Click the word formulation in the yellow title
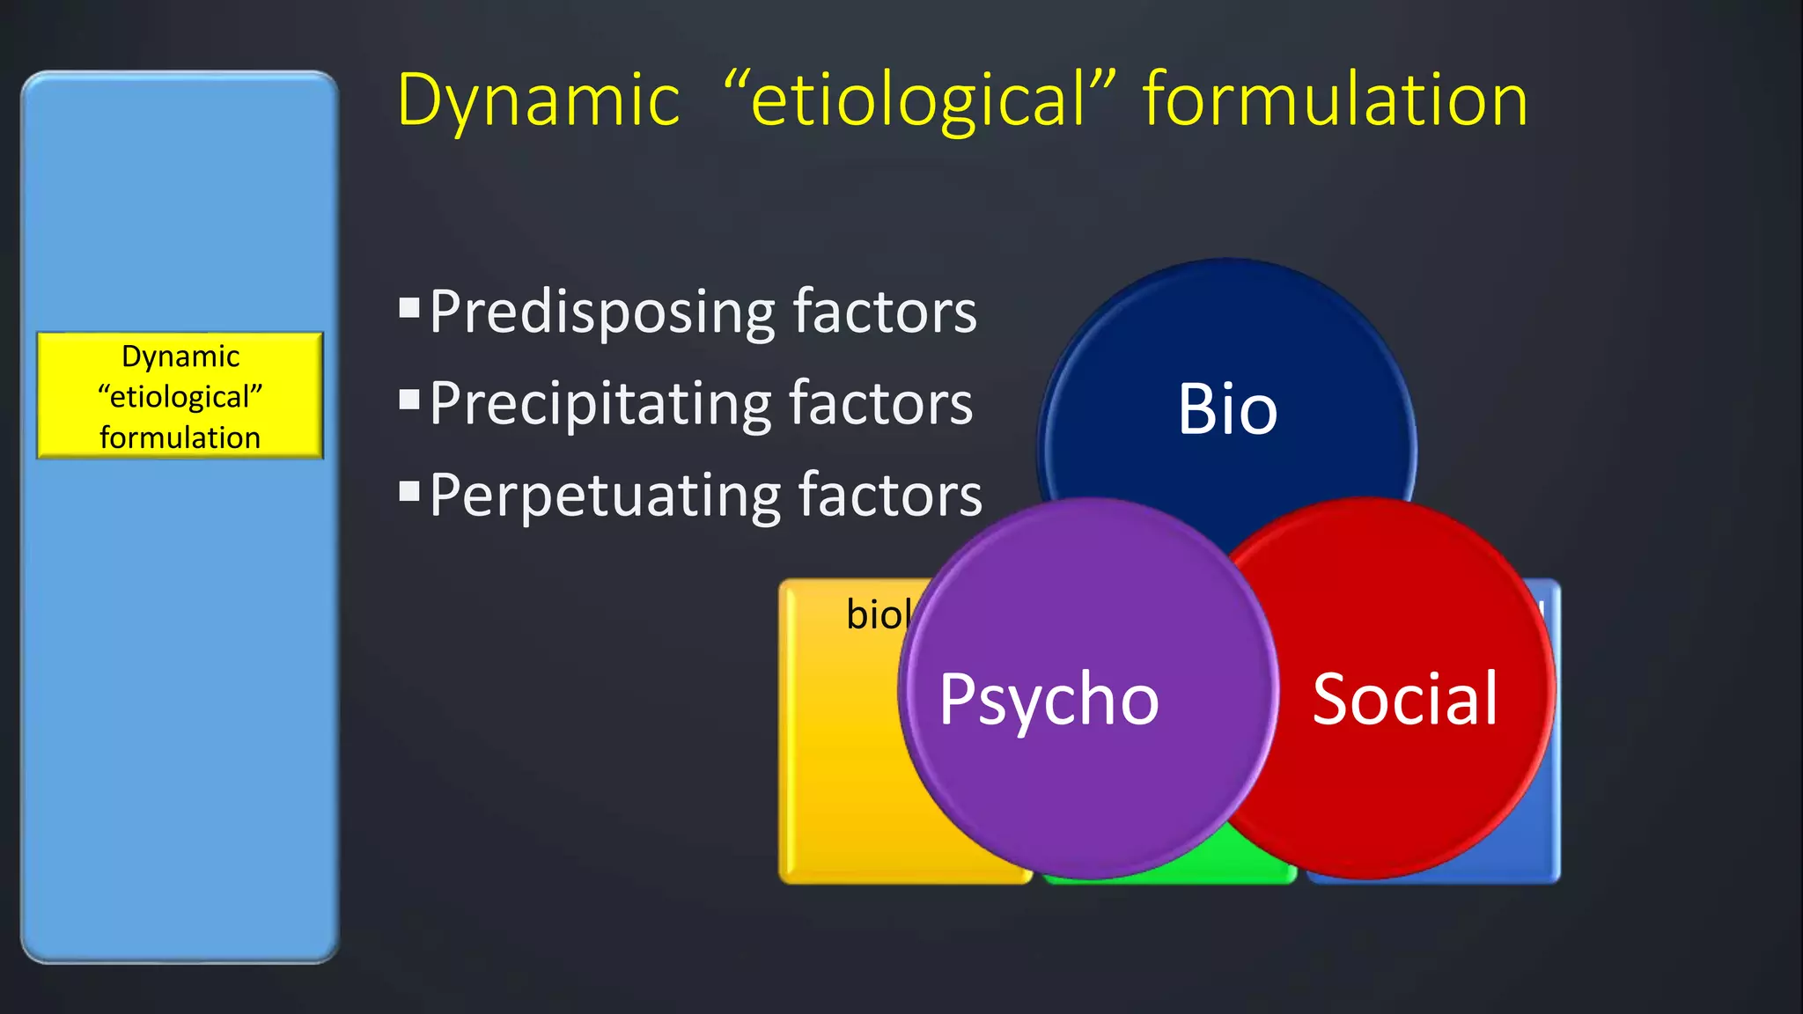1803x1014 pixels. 1335,99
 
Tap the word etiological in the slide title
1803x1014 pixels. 918,99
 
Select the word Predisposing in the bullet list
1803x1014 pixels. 602,312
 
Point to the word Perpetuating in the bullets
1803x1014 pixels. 605,496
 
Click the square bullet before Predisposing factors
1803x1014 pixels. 408,307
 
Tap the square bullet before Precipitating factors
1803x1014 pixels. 408,400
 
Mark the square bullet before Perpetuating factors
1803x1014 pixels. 408,491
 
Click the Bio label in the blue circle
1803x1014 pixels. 1227,409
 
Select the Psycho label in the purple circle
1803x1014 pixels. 1049,700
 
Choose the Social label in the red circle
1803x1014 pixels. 1404,700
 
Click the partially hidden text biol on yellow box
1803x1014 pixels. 877,614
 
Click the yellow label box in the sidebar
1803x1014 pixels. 180,396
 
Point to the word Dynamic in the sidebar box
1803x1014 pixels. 180,356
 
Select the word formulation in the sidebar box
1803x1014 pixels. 180,437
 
